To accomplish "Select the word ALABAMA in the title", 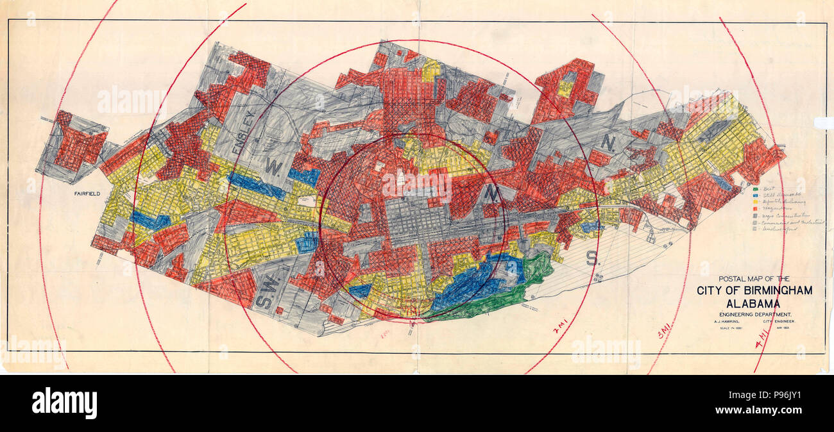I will tap(754, 303).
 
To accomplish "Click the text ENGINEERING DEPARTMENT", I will tap(754, 315).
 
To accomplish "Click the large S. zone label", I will tap(591, 257).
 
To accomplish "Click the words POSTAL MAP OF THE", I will tap(754, 279).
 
